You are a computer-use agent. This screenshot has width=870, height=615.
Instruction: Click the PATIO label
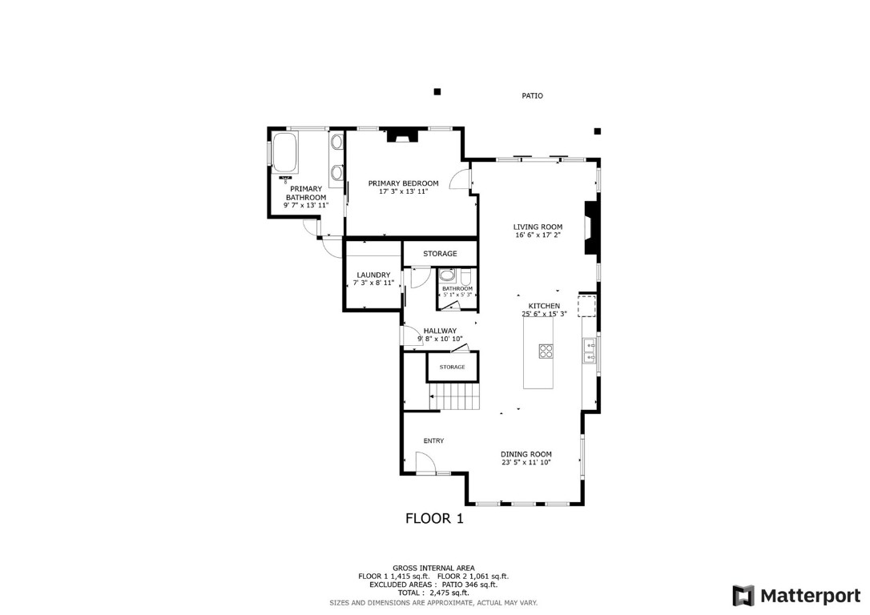click(x=532, y=96)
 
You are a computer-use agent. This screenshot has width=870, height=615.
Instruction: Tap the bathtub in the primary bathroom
click(x=285, y=153)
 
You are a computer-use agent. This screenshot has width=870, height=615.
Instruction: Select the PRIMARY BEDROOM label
click(x=403, y=183)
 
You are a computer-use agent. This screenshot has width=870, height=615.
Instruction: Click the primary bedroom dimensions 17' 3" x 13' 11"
click(x=403, y=192)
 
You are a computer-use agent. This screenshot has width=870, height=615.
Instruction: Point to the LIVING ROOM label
click(x=538, y=227)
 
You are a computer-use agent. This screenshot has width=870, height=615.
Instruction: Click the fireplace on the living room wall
click(x=591, y=227)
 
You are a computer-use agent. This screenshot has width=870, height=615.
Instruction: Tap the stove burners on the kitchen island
click(x=546, y=350)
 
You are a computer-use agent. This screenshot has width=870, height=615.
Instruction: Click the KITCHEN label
click(x=544, y=306)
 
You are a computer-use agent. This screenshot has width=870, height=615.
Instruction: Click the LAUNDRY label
click(x=373, y=275)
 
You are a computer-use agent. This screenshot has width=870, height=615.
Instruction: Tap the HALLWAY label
click(x=440, y=331)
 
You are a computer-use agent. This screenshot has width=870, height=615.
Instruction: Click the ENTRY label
click(x=433, y=440)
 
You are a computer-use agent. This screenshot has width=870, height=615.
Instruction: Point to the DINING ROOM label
click(x=526, y=454)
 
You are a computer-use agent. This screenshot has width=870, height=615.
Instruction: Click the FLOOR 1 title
click(x=434, y=518)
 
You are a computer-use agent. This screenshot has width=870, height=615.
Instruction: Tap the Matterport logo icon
click(x=743, y=596)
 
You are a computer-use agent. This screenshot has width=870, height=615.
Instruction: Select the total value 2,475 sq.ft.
click(x=447, y=592)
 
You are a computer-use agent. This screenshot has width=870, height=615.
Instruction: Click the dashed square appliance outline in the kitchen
click(x=588, y=306)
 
